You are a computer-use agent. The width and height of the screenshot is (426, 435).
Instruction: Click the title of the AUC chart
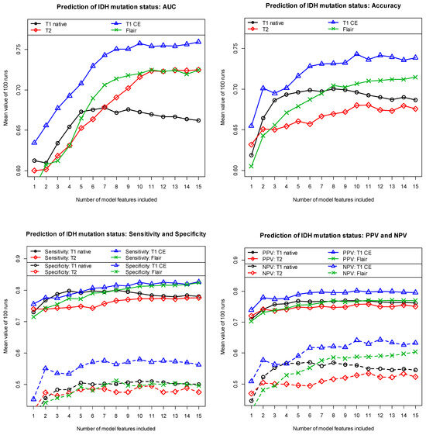click(115, 7)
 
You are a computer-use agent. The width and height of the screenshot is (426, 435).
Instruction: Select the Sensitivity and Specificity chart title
click(108, 235)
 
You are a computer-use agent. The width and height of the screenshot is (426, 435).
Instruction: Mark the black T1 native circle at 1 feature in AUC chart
click(35, 160)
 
